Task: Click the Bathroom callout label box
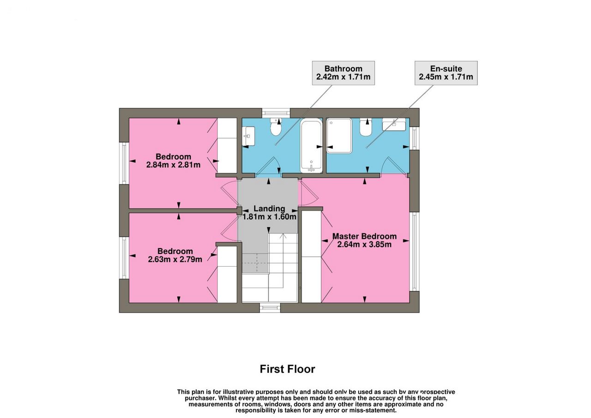343,73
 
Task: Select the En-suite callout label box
446,73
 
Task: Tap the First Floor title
287,369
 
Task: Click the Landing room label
269,209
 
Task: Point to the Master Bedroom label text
364,236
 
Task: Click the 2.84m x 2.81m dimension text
173,165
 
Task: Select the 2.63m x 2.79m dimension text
175,259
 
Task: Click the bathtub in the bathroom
311,145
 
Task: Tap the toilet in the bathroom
276,127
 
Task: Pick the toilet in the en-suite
366,127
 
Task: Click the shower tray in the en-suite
339,136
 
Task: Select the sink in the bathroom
248,136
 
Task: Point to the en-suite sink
394,124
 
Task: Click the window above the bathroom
276,113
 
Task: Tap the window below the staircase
270,308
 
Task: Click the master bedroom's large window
414,252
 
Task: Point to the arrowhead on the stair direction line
283,235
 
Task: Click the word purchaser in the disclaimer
200,398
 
